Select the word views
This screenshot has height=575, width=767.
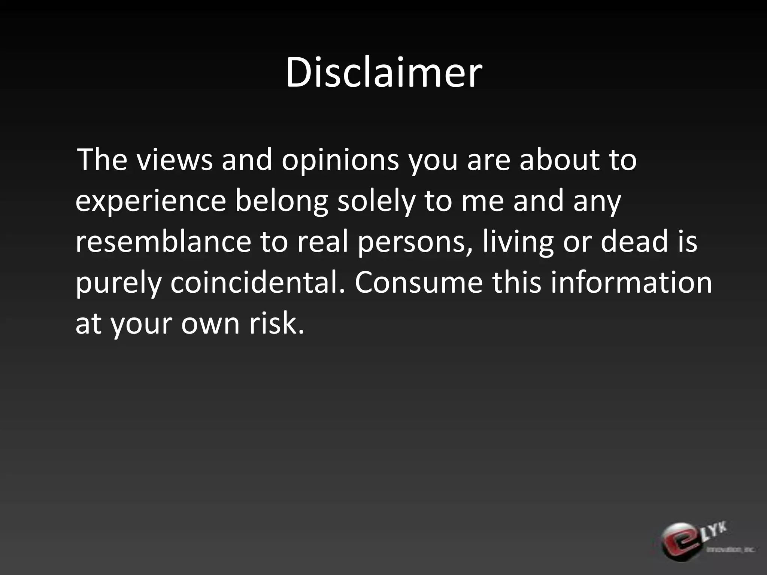click(x=174, y=160)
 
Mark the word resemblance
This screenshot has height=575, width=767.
click(x=163, y=241)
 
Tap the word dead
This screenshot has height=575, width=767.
click(x=634, y=241)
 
